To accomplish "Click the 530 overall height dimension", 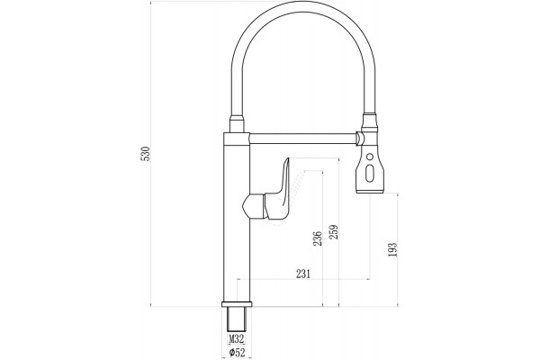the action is click(x=146, y=154).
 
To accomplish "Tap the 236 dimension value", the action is click(x=317, y=238).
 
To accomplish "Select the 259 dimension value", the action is click(x=333, y=232).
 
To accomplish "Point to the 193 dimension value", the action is click(x=392, y=249).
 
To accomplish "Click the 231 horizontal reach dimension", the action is click(x=303, y=274).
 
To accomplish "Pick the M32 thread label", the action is click(x=237, y=339).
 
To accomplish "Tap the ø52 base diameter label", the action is click(x=237, y=353).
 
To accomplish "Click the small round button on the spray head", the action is click(x=370, y=157).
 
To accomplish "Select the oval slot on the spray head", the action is click(x=370, y=174).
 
